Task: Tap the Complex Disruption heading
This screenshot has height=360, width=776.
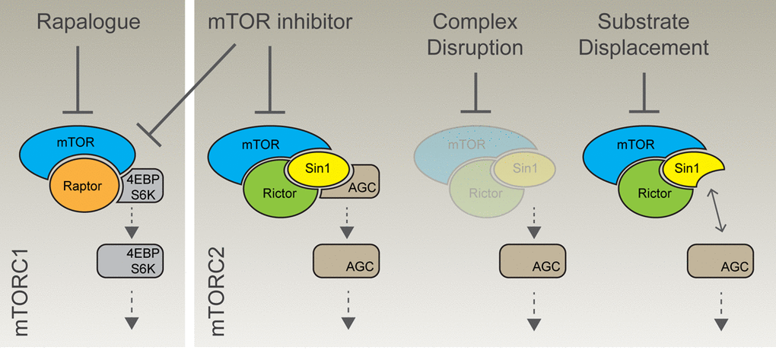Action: coord(475,35)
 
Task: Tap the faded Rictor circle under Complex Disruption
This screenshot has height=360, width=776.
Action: coord(479,193)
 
